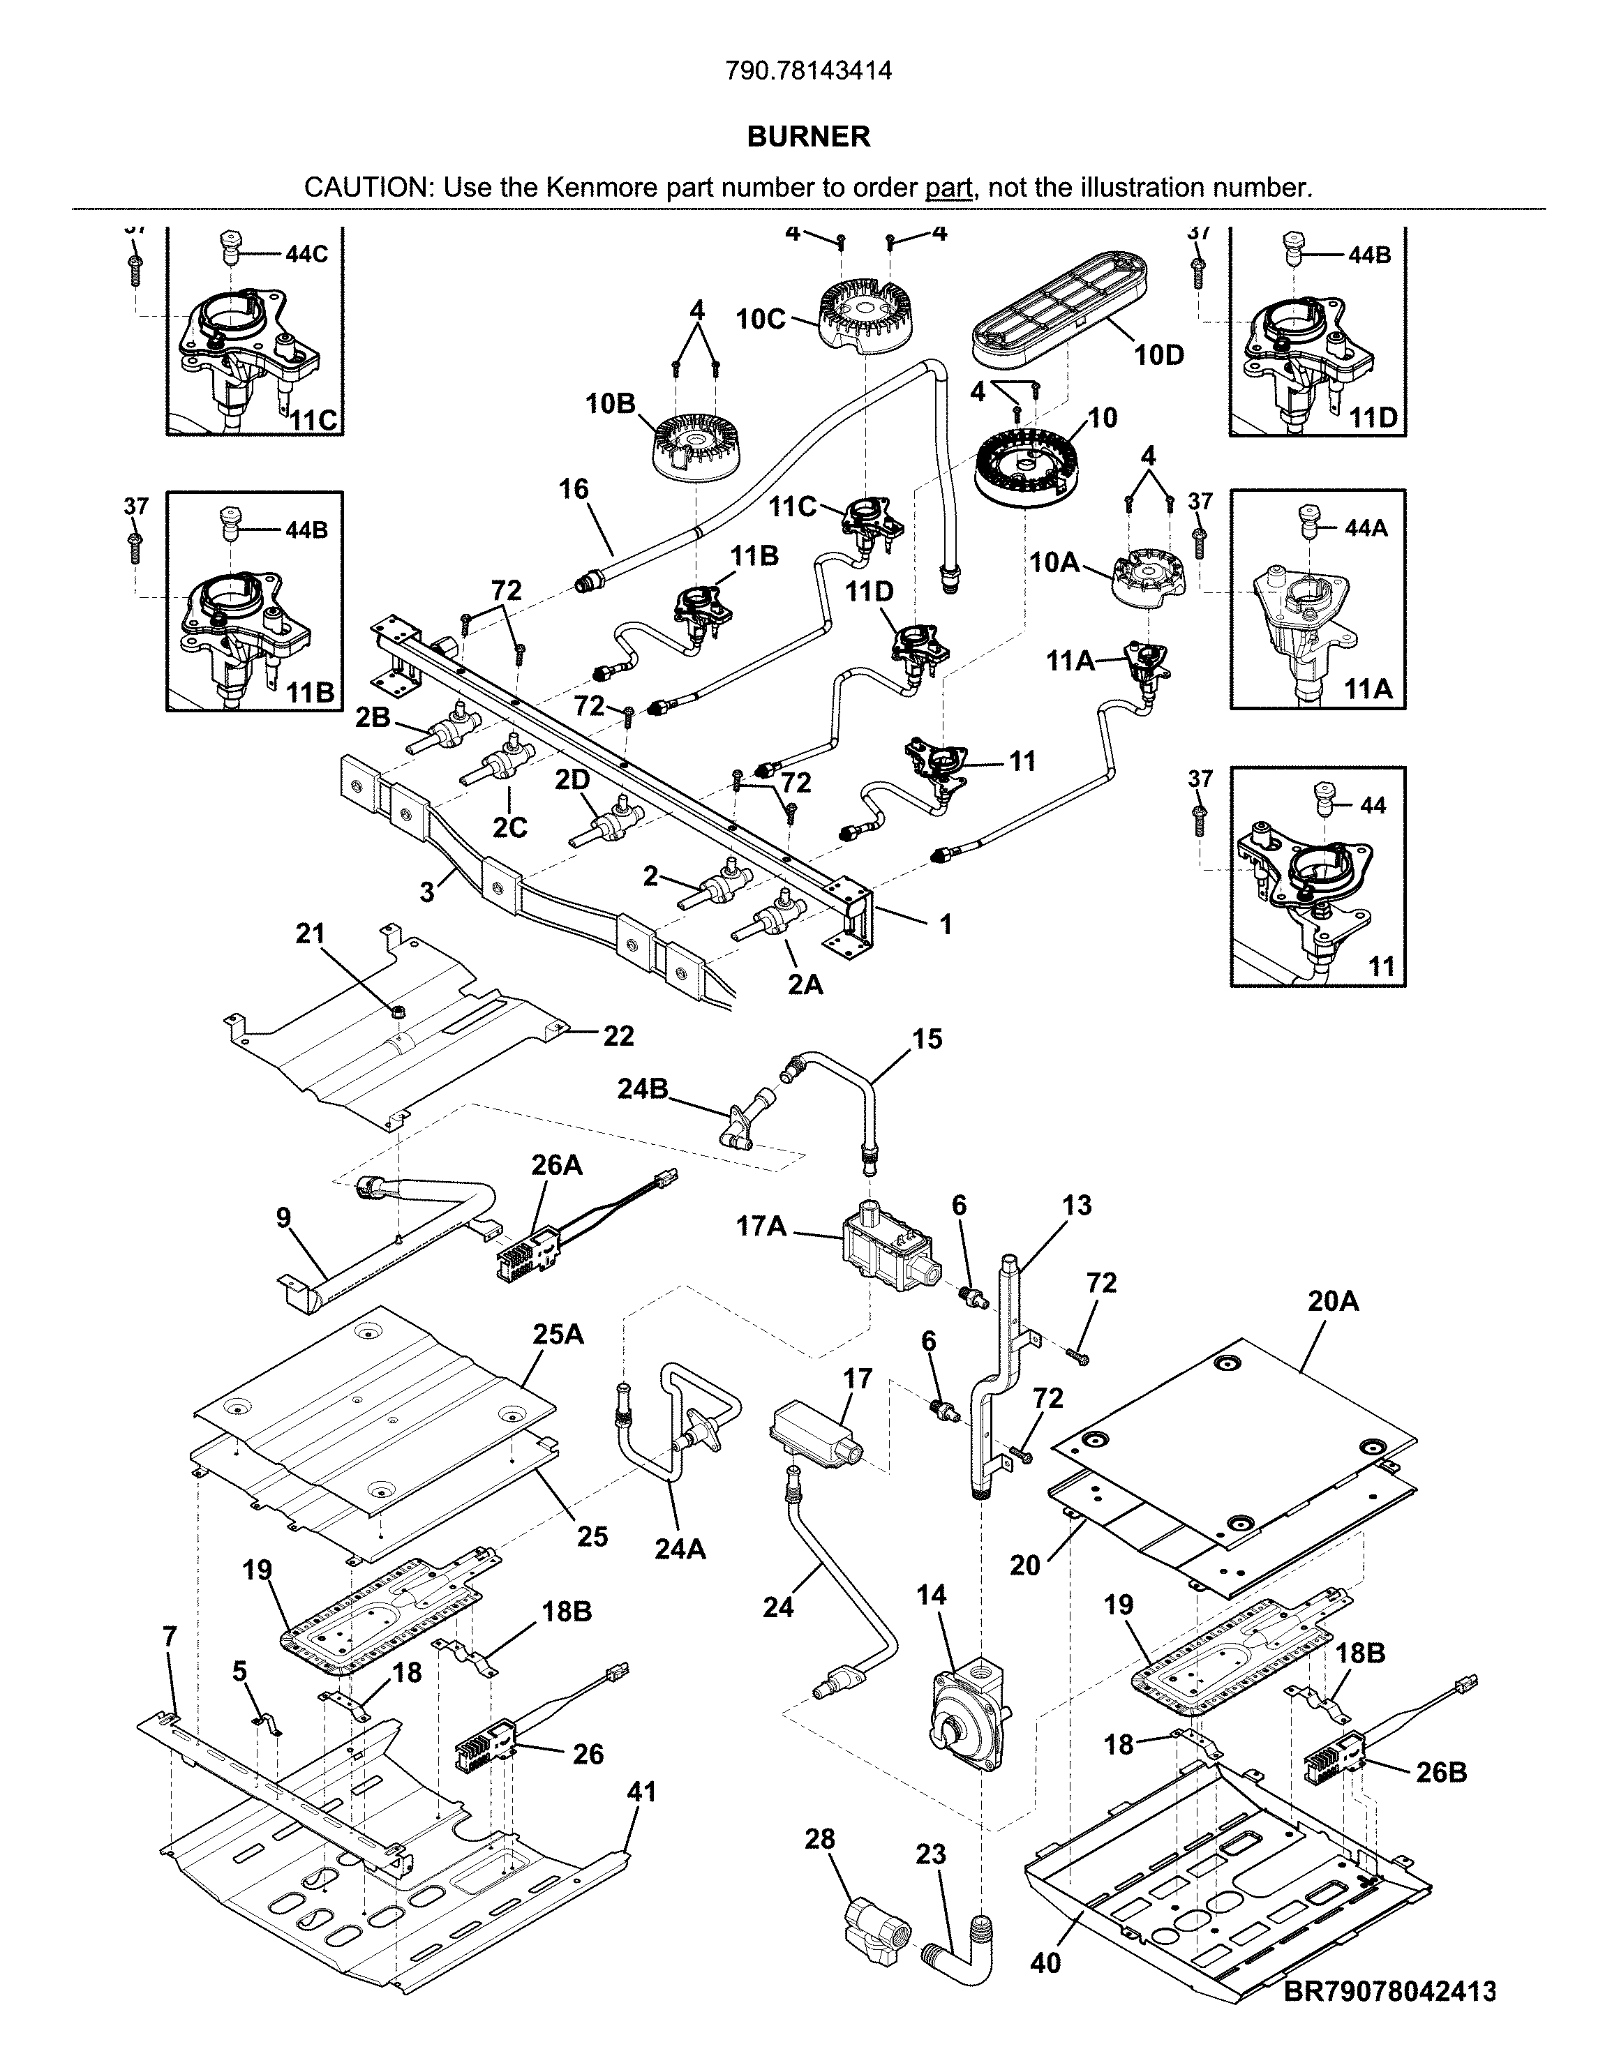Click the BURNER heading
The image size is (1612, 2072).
pos(808,137)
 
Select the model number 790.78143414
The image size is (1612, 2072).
pos(808,71)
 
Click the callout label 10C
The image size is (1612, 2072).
pos(761,320)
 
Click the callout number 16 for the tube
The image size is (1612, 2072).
pos(574,490)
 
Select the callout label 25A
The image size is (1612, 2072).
pos(558,1335)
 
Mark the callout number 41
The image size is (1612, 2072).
pos(641,1792)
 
